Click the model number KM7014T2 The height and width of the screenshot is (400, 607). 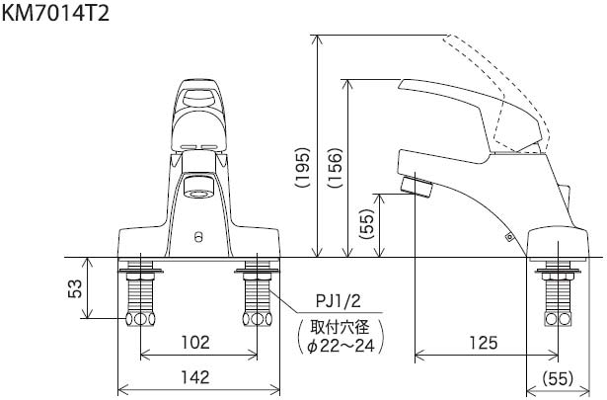tap(55, 13)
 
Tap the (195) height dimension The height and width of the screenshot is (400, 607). tap(303, 167)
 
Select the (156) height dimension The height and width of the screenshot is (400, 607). tap(336, 167)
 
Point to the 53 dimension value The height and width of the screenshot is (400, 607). tap(75, 288)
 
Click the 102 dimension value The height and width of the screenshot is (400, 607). tap(195, 342)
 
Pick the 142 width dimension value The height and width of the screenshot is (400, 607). tap(195, 376)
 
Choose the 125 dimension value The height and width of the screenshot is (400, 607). tap(483, 343)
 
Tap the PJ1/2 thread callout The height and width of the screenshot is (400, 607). tap(339, 301)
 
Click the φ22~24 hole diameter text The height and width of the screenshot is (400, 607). tap(341, 346)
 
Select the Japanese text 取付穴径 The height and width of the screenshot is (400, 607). tap(341, 327)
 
